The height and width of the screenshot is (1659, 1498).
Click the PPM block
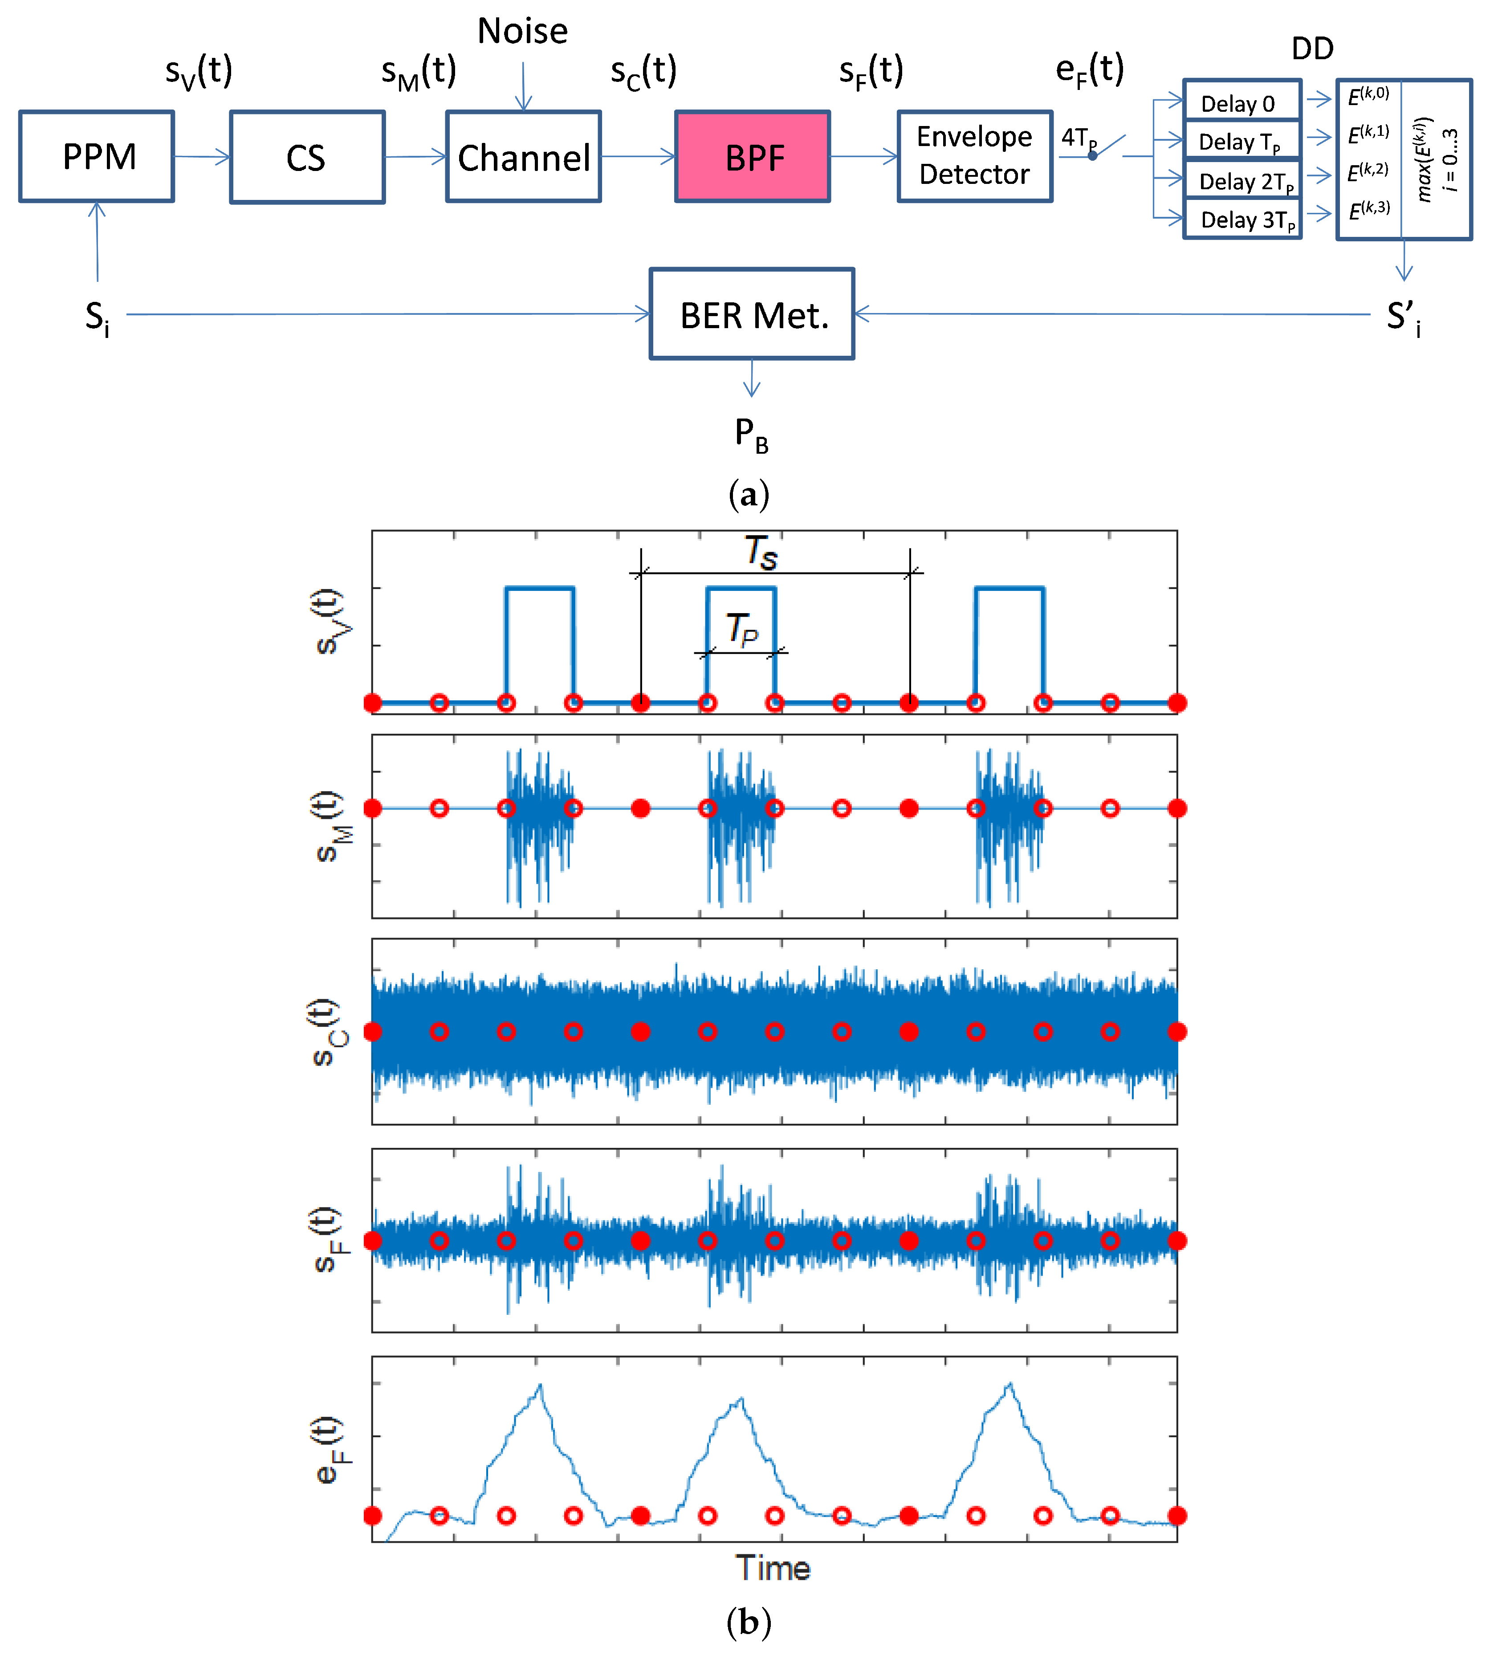pyautogui.click(x=97, y=156)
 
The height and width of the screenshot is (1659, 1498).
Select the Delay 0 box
pyautogui.click(x=1241, y=102)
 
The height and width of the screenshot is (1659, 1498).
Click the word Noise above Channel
pyautogui.click(x=523, y=31)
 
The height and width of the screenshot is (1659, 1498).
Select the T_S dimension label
pyautogui.click(x=761, y=552)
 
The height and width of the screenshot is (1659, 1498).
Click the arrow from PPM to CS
pyautogui.click(x=202, y=156)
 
